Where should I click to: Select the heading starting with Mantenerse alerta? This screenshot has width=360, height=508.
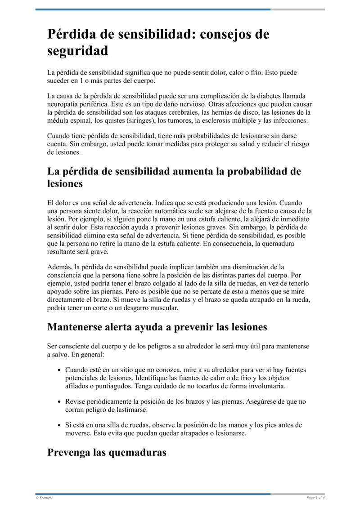[157, 327]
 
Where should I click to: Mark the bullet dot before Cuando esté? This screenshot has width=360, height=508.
[60, 370]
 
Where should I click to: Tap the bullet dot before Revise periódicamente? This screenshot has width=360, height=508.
[60, 402]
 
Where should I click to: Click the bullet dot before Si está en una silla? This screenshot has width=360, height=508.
[60, 425]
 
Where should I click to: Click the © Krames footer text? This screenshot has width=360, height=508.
[44, 498]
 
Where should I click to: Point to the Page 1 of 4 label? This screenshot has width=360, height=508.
[315, 498]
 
